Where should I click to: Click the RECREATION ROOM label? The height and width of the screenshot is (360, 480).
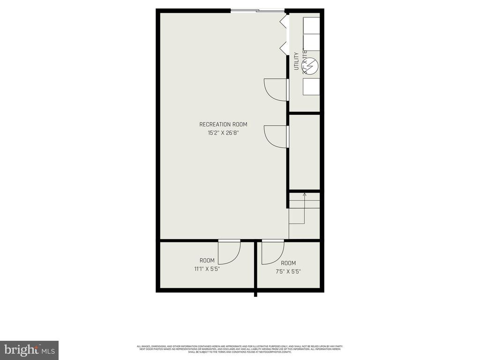tap(223, 124)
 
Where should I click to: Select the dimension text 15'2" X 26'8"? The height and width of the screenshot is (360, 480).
tap(223, 133)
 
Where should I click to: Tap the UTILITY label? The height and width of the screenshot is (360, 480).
tap(296, 61)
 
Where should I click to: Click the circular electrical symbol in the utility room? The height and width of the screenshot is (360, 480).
tap(311, 64)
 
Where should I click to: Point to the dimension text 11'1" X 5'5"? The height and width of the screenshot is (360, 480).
tap(207, 269)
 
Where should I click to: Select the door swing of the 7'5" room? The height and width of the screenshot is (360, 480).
tap(272, 252)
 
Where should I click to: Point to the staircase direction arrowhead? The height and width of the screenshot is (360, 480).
tap(304, 194)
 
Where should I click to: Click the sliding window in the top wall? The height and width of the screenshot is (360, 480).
tap(257, 10)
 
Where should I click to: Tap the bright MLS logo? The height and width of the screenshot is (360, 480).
tap(29, 350)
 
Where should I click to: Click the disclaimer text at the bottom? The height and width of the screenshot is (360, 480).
tap(240, 349)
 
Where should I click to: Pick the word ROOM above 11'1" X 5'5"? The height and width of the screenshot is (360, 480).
tap(207, 261)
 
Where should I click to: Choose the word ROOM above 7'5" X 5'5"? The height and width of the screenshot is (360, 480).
tap(288, 263)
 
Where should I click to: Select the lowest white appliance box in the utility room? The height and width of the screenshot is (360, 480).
tap(311, 86)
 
